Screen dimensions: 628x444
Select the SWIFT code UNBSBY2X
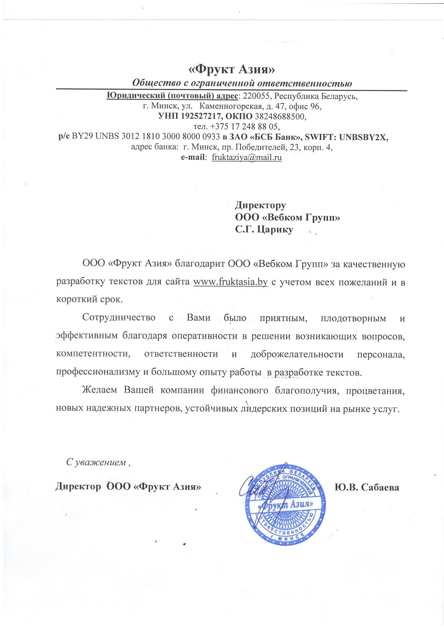coord(363,137)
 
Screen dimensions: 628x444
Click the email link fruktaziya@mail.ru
coord(247,157)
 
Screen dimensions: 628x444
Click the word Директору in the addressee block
coord(260,205)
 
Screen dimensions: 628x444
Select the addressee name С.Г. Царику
coord(264,230)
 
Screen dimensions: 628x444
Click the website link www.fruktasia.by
coord(230,282)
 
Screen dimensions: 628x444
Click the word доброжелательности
coord(297,354)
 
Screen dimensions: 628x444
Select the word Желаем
coord(100,390)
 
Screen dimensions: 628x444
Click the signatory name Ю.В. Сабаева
coord(367,487)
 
